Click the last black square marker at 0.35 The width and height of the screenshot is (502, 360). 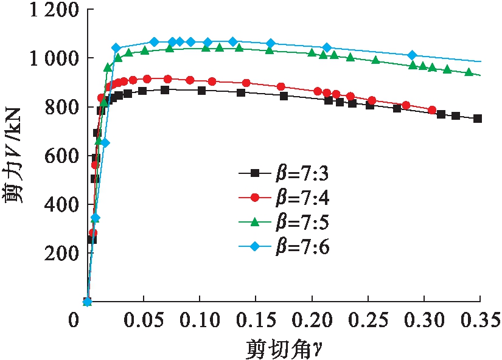coord(478,119)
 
